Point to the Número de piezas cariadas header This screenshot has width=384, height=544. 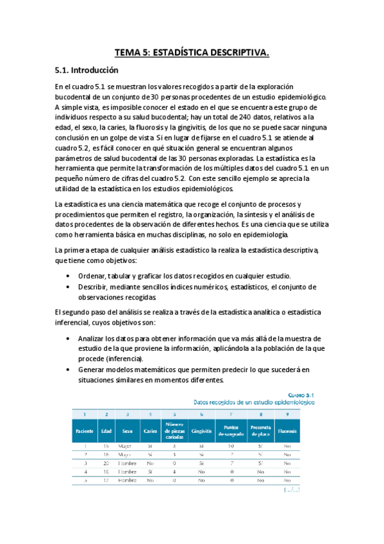pyautogui.click(x=174, y=431)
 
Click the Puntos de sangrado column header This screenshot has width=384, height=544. pyautogui.click(x=230, y=431)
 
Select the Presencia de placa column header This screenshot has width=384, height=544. pyautogui.click(x=260, y=431)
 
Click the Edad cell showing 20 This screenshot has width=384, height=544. pyautogui.click(x=106, y=462)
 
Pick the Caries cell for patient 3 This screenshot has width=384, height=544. pyautogui.click(x=150, y=462)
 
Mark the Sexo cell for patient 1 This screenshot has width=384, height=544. pyautogui.click(x=127, y=445)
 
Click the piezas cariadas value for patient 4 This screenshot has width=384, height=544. pyautogui.click(x=174, y=470)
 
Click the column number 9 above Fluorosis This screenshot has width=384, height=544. pyautogui.click(x=287, y=414)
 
